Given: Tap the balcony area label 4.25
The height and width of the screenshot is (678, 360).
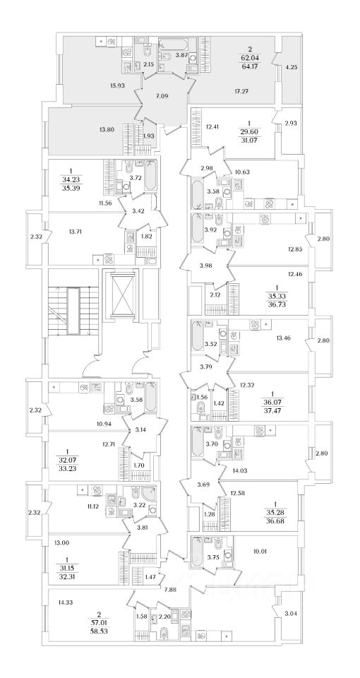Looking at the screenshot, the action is pyautogui.click(x=292, y=67).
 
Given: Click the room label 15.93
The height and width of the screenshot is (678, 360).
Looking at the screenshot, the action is pyautogui.click(x=118, y=85).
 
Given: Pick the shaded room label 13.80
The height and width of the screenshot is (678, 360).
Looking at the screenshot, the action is pyautogui.click(x=101, y=129).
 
